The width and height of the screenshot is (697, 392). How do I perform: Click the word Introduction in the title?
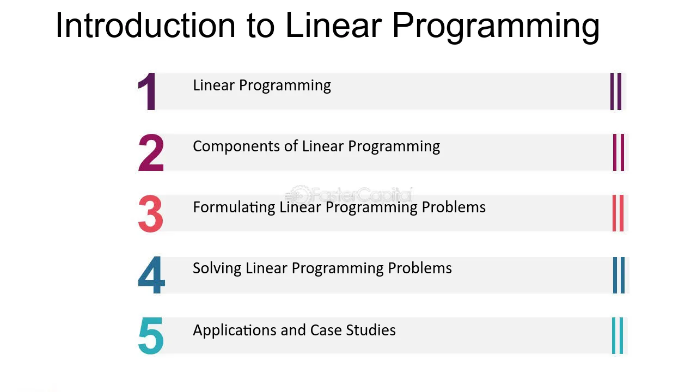(x=145, y=25)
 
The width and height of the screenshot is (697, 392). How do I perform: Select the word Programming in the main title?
(x=496, y=28)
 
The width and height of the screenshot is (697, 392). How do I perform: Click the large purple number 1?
(x=146, y=91)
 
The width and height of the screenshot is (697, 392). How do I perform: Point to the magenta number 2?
(x=151, y=152)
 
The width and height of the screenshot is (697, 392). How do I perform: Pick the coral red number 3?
(x=151, y=214)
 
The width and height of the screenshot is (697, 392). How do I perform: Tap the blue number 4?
(x=151, y=275)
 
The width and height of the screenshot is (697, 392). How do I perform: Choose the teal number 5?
(x=151, y=336)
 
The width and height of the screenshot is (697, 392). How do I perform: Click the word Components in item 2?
(x=236, y=147)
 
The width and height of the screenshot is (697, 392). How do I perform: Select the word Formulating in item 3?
(x=234, y=208)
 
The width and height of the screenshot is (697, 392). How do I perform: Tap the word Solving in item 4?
(x=217, y=268)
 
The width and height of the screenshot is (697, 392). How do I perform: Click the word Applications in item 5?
(x=235, y=330)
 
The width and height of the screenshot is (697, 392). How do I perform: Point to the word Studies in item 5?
(x=371, y=330)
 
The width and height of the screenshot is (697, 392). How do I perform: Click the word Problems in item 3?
(x=454, y=207)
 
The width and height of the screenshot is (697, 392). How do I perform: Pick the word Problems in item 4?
(x=420, y=268)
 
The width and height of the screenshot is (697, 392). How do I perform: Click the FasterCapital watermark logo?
(x=349, y=195)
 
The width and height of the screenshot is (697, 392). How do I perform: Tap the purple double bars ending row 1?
(x=616, y=91)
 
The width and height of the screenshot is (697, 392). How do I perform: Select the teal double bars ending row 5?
(x=617, y=336)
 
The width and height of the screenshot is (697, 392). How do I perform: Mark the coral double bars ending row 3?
(x=618, y=213)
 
